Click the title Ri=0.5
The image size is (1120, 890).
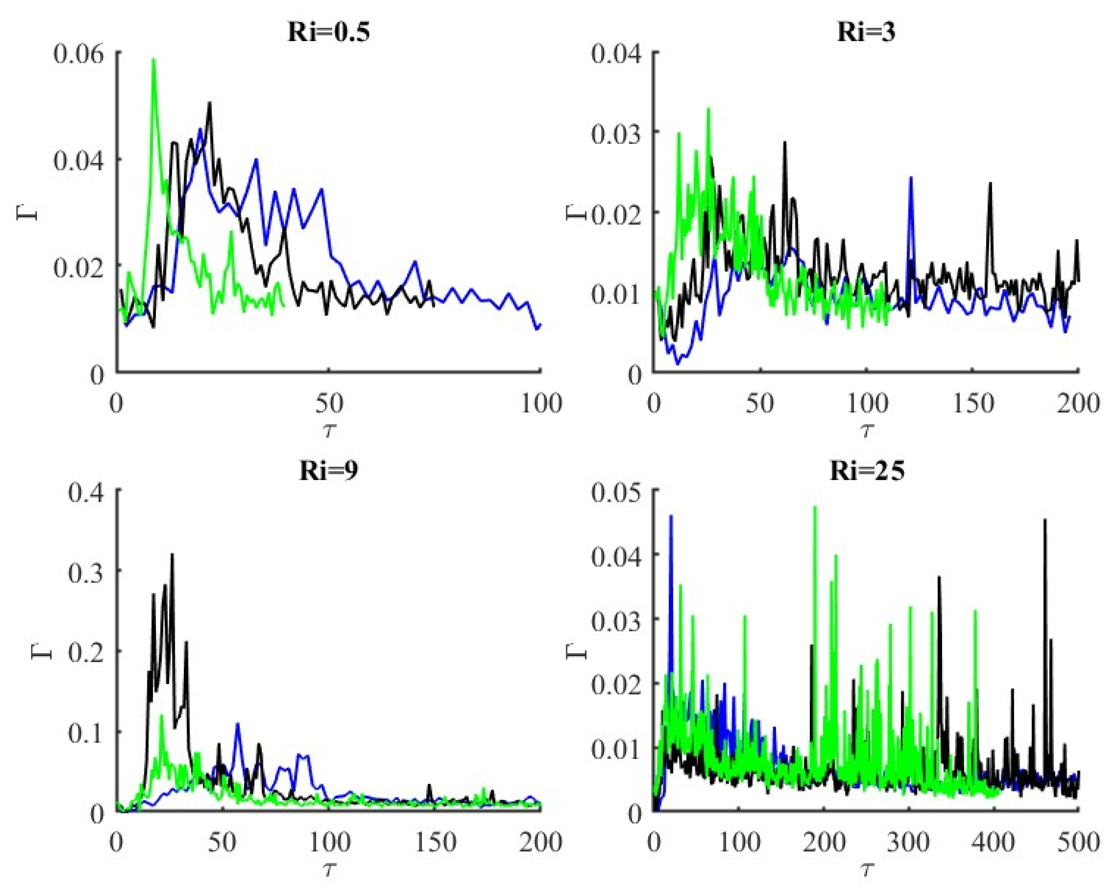click(x=328, y=32)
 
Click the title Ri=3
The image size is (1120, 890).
click(x=866, y=32)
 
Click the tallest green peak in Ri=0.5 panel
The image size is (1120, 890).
click(x=153, y=60)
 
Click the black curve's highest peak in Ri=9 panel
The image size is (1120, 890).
click(x=172, y=555)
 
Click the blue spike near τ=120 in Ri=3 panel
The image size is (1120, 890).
click(x=911, y=178)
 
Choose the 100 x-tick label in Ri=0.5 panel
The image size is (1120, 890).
click(x=541, y=404)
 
